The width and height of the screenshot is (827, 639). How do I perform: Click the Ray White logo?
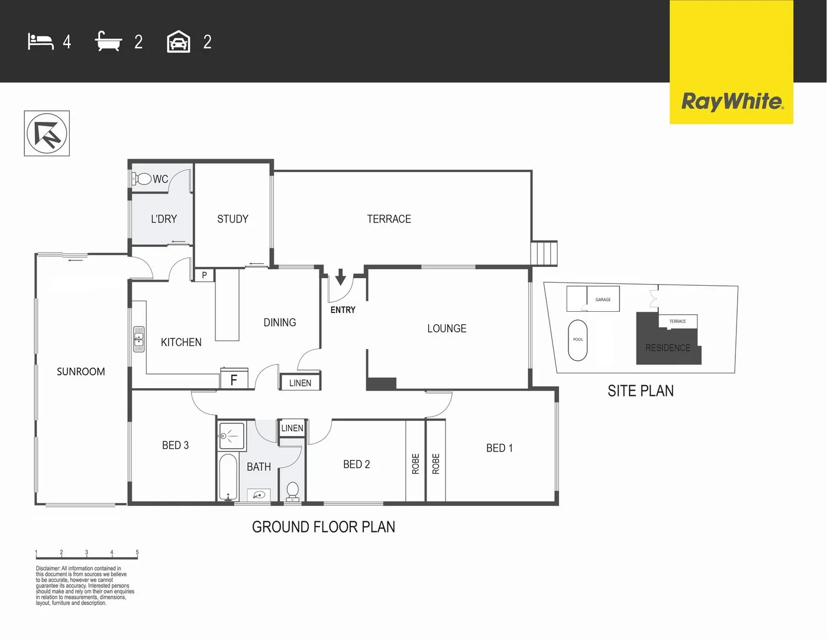tap(732, 101)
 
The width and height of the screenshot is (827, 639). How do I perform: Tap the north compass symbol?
tap(47, 134)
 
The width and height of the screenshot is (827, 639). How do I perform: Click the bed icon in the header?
tap(41, 41)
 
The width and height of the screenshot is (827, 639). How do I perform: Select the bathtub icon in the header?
tap(108, 41)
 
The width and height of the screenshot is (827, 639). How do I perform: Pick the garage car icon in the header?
tap(179, 42)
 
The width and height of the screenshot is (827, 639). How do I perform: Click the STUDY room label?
tap(232, 219)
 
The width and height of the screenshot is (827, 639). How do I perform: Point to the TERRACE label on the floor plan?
tap(389, 219)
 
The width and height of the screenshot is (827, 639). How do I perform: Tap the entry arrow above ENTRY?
tap(341, 276)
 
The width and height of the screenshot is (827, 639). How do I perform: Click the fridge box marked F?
tap(234, 380)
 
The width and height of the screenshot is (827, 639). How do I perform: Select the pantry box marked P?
tap(204, 275)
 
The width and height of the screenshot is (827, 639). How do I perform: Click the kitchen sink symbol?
tap(139, 339)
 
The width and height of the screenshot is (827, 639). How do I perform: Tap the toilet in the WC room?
tap(142, 179)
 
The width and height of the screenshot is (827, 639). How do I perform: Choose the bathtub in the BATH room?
tap(228, 477)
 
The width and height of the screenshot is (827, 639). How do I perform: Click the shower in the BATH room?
tap(231, 436)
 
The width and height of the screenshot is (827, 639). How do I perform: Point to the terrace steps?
tap(545, 253)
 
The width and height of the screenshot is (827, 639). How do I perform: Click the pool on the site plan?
tap(578, 340)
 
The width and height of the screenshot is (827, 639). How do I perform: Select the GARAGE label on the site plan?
tap(603, 300)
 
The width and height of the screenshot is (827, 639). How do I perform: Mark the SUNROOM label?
tap(81, 372)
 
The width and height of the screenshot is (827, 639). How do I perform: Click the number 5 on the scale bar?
tap(137, 553)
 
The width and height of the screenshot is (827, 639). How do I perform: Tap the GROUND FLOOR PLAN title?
tap(324, 527)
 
